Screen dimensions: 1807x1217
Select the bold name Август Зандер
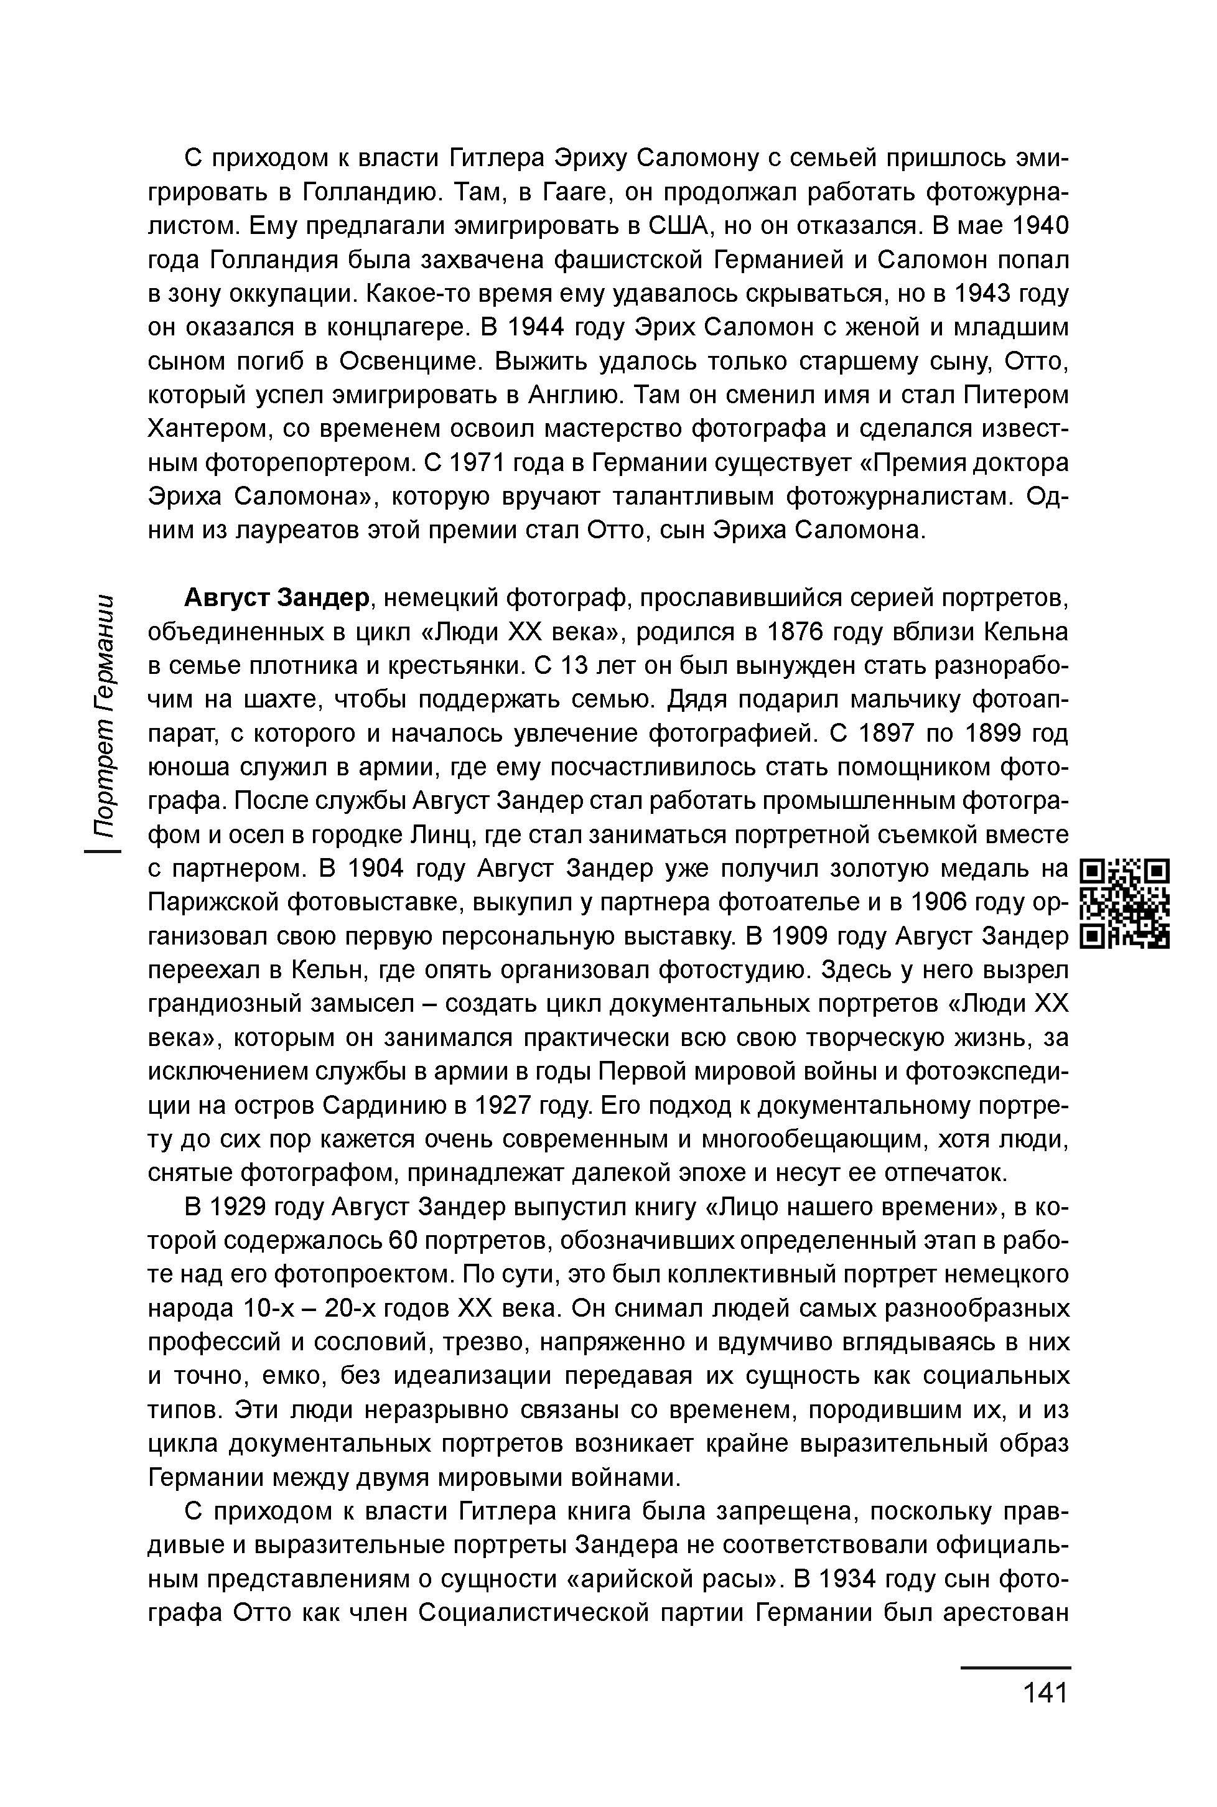[x=276, y=599]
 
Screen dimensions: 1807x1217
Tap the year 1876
[x=800, y=633]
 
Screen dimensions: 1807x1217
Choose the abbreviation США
[x=681, y=226]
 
